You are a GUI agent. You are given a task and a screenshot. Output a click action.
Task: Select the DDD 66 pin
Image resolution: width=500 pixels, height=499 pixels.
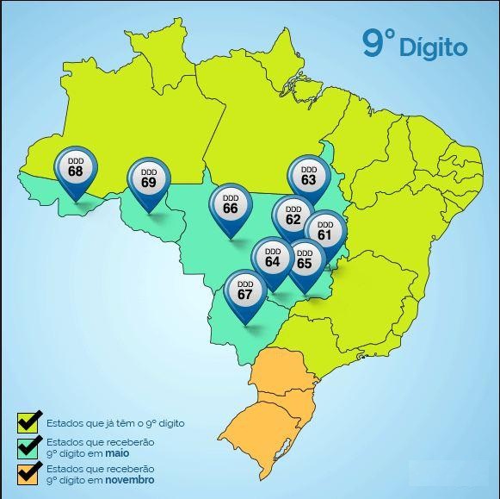pyautogui.click(x=231, y=205)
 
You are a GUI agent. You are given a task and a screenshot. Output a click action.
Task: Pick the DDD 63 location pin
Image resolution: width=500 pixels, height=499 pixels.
pyautogui.click(x=308, y=177)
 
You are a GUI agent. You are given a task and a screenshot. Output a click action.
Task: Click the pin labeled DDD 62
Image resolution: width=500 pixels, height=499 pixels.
pyautogui.click(x=293, y=215)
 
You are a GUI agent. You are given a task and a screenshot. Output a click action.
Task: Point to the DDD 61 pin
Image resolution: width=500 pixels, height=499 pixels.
pyautogui.click(x=324, y=230)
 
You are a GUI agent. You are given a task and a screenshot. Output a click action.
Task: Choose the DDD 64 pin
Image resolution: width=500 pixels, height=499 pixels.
pyautogui.click(x=273, y=257)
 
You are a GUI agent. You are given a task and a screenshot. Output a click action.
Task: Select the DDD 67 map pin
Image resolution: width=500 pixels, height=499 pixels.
pyautogui.click(x=245, y=290)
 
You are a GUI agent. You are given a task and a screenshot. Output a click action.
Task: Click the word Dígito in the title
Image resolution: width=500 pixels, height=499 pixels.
pyautogui.click(x=433, y=46)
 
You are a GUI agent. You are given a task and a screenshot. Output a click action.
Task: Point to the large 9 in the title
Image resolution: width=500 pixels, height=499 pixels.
pyautogui.click(x=373, y=42)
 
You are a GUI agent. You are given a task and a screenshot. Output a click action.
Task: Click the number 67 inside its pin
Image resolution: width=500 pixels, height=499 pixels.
pyautogui.click(x=245, y=295)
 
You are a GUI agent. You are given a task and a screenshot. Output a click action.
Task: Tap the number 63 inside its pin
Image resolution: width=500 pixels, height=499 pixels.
pyautogui.click(x=308, y=181)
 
